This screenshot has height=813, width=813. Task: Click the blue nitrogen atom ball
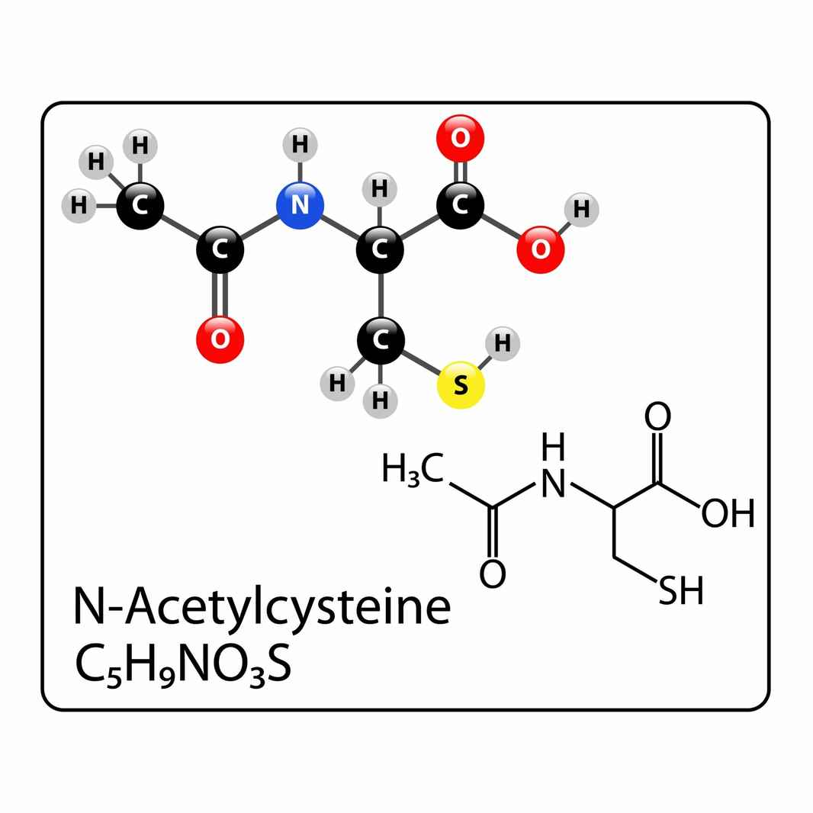(300, 205)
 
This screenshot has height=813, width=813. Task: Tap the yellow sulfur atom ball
(461, 384)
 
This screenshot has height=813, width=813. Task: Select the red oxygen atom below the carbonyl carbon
(220, 339)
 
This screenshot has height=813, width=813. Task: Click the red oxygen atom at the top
(461, 139)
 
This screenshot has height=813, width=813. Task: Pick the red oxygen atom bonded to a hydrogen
(540, 249)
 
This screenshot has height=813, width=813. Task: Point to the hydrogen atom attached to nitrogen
(300, 145)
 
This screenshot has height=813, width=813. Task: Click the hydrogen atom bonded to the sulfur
(503, 344)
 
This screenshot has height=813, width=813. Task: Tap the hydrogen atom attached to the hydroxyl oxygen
(582, 210)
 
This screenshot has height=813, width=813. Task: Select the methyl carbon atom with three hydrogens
(140, 205)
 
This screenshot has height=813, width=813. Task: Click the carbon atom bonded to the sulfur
(381, 340)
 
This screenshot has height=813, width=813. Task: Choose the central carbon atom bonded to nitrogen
(380, 249)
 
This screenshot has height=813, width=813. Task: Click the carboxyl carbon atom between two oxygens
(461, 205)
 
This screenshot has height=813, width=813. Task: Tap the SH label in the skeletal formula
(681, 590)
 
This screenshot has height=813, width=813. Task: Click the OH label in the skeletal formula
(728, 513)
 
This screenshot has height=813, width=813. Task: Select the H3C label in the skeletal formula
(413, 469)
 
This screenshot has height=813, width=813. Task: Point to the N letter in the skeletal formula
(553, 484)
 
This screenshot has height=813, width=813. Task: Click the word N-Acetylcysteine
(262, 607)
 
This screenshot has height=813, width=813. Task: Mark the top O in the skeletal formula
(657, 416)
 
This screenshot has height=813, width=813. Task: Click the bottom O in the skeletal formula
(492, 574)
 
